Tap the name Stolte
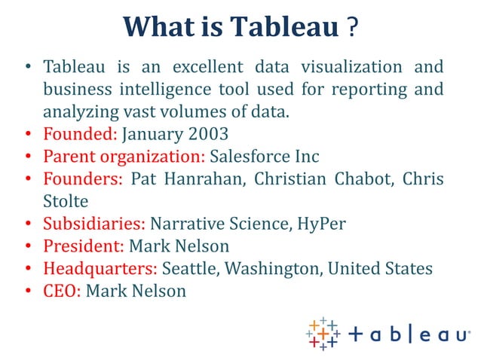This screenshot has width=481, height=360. point(67,202)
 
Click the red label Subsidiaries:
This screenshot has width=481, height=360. point(94,224)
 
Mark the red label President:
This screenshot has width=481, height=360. point(84,246)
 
